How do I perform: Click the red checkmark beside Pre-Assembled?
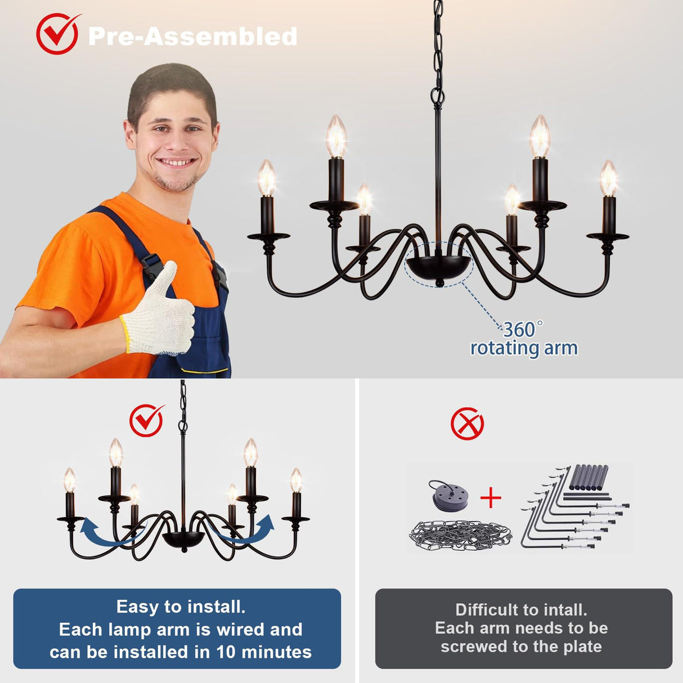click(x=57, y=34)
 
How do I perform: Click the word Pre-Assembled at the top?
click(x=193, y=37)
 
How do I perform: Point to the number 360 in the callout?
click(x=519, y=330)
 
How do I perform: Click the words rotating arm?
click(x=524, y=348)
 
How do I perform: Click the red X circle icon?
click(x=467, y=424)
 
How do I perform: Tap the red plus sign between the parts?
click(x=491, y=497)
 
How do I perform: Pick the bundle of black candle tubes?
click(x=588, y=477)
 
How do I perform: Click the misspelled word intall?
click(x=565, y=610)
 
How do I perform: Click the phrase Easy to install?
click(x=181, y=606)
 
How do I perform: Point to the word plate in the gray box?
click(x=582, y=647)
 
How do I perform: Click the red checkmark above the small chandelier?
click(x=146, y=420)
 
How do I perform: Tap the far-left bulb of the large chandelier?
click(x=266, y=177)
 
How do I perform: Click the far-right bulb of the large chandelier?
click(x=608, y=177)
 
